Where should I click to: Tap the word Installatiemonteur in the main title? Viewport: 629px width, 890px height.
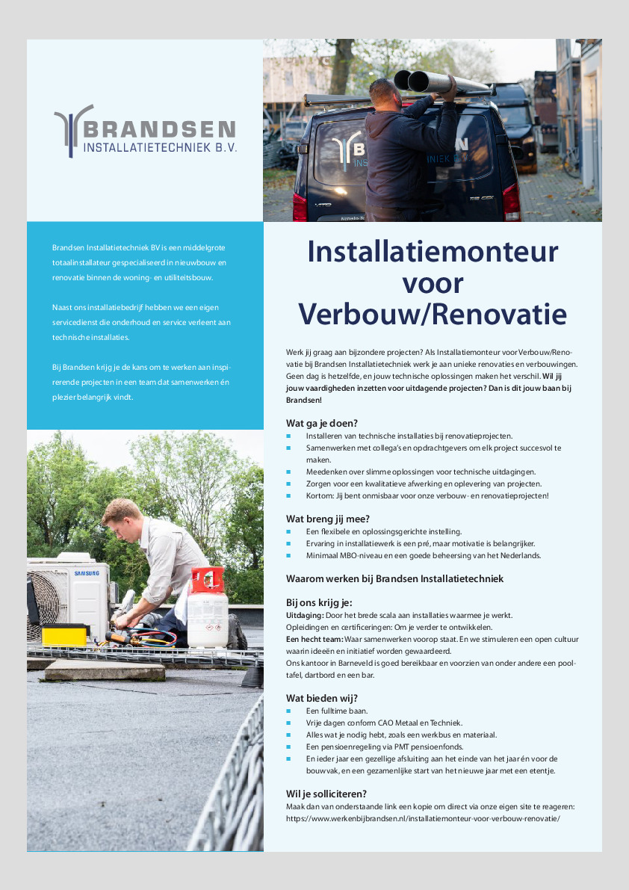point(433,251)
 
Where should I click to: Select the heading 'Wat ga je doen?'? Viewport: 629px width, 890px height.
point(321,422)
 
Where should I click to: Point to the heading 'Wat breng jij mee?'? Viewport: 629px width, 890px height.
point(328,519)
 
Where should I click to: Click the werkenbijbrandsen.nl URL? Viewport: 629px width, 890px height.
point(423,818)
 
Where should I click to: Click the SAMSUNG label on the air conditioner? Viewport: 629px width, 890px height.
point(86,573)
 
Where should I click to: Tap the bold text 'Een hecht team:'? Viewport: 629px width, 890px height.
point(314,639)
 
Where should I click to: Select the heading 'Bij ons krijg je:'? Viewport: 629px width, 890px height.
point(319,602)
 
